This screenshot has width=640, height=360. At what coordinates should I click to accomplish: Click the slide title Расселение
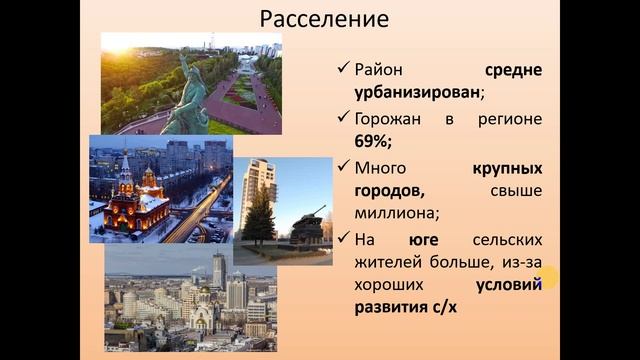point(324,19)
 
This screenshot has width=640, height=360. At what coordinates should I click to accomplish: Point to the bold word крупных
point(506,167)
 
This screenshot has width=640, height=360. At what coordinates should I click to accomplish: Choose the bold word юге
point(423,239)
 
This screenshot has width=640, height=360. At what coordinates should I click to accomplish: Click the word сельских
point(506,239)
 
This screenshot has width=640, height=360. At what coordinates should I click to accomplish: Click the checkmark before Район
point(342,72)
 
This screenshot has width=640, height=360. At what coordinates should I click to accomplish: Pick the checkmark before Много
point(342,168)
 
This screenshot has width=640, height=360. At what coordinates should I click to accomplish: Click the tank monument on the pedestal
point(306,224)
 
